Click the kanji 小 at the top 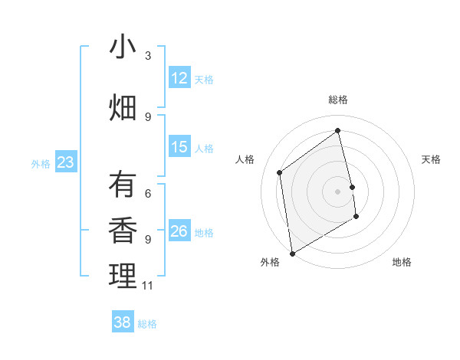(x=123, y=47)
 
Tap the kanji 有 (x=123, y=185)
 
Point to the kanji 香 (x=123, y=231)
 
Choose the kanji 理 (x=123, y=277)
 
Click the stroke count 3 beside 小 (x=148, y=56)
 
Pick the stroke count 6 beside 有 (x=148, y=193)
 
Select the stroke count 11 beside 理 (x=148, y=286)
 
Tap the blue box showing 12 (x=179, y=77)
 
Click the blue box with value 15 (x=179, y=146)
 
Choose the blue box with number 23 (x=65, y=162)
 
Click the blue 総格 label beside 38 (x=147, y=324)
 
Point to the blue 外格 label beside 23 (x=41, y=163)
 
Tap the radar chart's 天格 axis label (x=431, y=159)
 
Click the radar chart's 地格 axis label (x=402, y=262)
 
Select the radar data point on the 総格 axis (x=338, y=130)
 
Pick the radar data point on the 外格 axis (x=291, y=253)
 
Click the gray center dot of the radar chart (x=338, y=191)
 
